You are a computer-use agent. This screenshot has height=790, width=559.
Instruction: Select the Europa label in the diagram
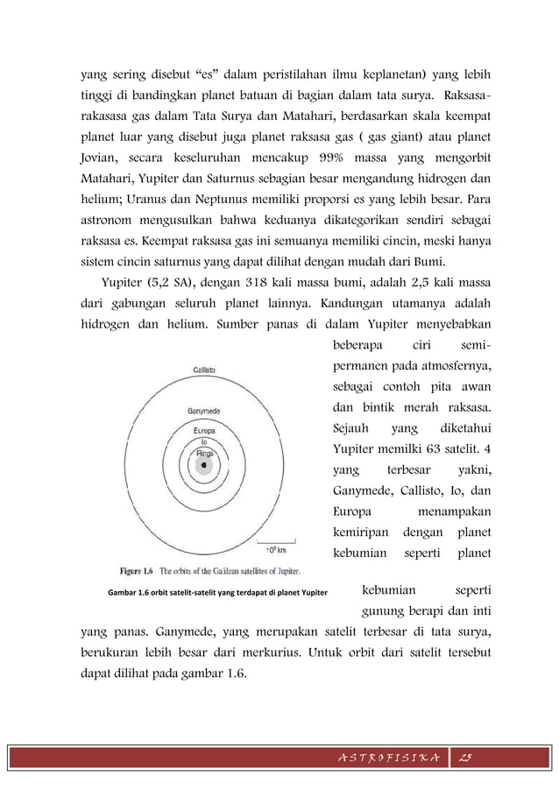204,431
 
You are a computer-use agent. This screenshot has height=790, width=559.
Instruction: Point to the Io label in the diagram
203,441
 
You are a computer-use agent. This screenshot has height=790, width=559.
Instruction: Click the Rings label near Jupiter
204,452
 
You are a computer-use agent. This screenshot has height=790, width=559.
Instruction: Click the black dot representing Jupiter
203,466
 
